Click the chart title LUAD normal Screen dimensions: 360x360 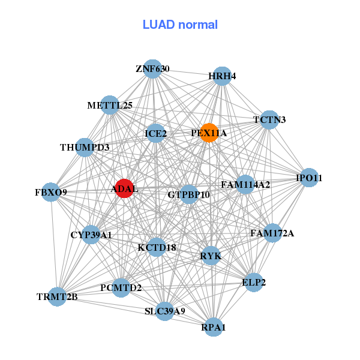tap(180, 25)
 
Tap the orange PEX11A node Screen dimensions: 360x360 tap(209, 133)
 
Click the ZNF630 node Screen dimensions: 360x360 tap(152, 69)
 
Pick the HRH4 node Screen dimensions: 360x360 tap(222, 76)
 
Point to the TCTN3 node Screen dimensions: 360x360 tap(269, 120)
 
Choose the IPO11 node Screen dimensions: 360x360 tap(309, 178)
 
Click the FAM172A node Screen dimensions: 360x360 tap(272, 233)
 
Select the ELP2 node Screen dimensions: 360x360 tap(254, 282)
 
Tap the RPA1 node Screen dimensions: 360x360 tap(214, 327)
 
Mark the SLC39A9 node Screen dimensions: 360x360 tap(165, 311)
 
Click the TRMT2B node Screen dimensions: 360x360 tap(57, 296)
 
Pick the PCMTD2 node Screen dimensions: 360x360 tap(121, 288)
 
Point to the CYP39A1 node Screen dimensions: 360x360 tap(91, 235)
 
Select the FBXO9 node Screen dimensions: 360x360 tap(51, 193)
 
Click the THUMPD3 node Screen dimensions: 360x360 tap(85, 147)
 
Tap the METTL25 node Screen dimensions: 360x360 tap(110, 106)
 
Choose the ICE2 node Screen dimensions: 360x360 tap(156, 133)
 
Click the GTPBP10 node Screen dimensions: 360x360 tap(189, 194)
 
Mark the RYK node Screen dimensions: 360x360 tap(211, 256)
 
